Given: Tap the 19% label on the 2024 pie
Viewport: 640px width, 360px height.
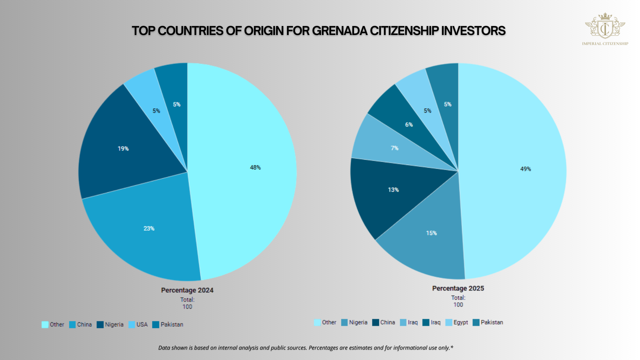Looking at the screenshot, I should [123, 149].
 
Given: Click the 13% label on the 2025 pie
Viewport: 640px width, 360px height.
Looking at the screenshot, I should [393, 190].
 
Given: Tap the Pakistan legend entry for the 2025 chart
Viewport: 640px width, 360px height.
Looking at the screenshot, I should [488, 323].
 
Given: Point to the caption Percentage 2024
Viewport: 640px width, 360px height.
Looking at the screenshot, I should [187, 290].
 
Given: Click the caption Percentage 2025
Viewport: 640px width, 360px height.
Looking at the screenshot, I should [458, 288].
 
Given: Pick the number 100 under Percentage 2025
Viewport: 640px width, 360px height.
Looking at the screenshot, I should [458, 305].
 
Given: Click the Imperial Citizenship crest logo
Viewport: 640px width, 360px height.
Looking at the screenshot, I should [605, 27].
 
